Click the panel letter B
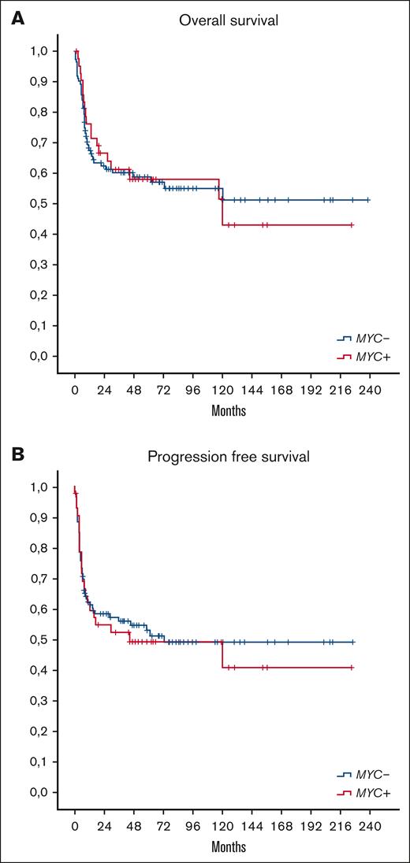click(16, 455)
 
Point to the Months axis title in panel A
click(228, 411)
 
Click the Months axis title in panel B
click(228, 847)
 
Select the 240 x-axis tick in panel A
click(370, 389)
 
